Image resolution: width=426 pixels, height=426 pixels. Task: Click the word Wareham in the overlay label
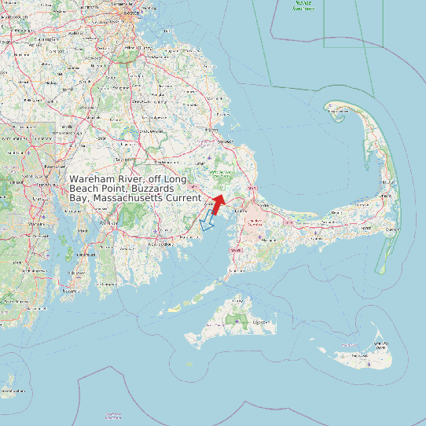90,181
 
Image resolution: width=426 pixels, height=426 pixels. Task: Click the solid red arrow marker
218,203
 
